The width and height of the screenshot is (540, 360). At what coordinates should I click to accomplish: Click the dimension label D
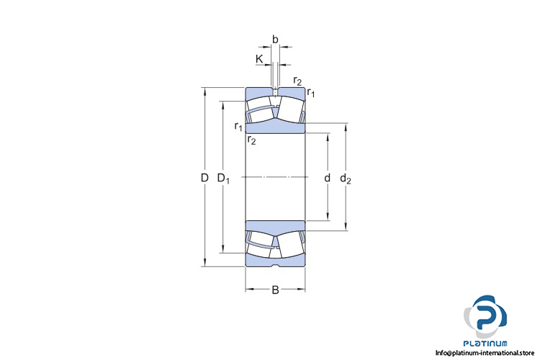click(x=204, y=178)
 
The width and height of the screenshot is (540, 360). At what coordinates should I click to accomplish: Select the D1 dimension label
click(x=223, y=179)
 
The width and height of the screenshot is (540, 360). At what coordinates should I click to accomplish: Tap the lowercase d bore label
click(x=327, y=178)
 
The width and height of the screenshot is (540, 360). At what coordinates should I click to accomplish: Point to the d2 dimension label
click(x=346, y=179)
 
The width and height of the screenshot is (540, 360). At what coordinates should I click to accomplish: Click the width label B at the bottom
click(x=275, y=290)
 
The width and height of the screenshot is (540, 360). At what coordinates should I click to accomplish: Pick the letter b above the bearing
click(x=275, y=40)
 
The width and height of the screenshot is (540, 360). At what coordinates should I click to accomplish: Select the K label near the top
click(x=259, y=59)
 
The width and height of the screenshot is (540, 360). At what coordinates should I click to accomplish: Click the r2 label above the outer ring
click(x=297, y=81)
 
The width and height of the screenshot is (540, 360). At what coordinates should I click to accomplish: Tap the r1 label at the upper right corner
click(x=310, y=92)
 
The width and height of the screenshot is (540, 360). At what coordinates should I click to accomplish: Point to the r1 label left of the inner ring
click(x=238, y=127)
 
